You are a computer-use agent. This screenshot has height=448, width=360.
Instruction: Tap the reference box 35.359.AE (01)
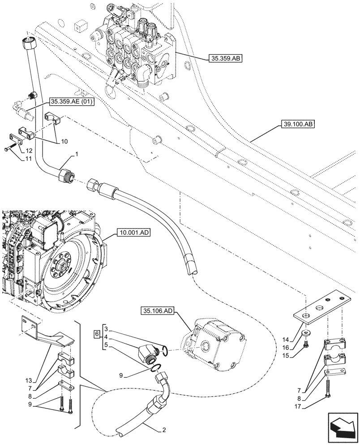click(71, 103)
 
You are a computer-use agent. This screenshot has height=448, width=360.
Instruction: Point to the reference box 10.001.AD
click(133, 233)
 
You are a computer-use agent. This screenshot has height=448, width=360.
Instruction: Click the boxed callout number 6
click(96, 334)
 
